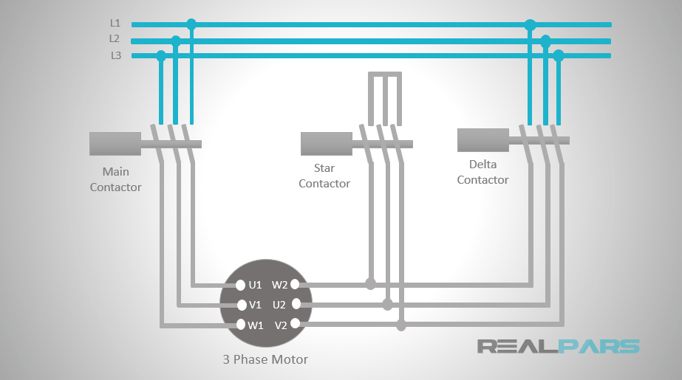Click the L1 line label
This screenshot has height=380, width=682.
tap(115, 23)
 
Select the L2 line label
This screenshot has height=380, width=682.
tap(115, 38)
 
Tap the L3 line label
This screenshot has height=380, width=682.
tap(115, 55)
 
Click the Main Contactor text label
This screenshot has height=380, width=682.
tap(115, 179)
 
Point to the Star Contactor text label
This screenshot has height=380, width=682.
tap(324, 176)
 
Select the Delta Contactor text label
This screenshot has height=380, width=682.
tap(482, 172)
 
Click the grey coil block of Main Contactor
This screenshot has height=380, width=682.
tap(115, 144)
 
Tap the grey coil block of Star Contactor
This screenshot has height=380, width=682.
tap(326, 143)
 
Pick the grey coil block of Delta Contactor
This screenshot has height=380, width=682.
tap(482, 139)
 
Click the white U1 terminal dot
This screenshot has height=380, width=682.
tap(240, 285)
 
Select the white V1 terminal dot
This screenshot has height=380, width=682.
tap(240, 305)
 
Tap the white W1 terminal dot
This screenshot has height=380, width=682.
tap(240, 325)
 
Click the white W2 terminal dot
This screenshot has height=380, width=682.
tap(295, 284)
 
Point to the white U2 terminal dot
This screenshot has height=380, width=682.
tap(296, 303)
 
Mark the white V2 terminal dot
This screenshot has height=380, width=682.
tap(295, 323)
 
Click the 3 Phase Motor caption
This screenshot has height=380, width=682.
tap(265, 360)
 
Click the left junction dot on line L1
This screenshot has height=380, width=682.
tap(191, 24)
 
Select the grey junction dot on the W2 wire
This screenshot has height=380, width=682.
tap(370, 284)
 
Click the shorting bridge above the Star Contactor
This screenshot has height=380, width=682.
tap(385, 75)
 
